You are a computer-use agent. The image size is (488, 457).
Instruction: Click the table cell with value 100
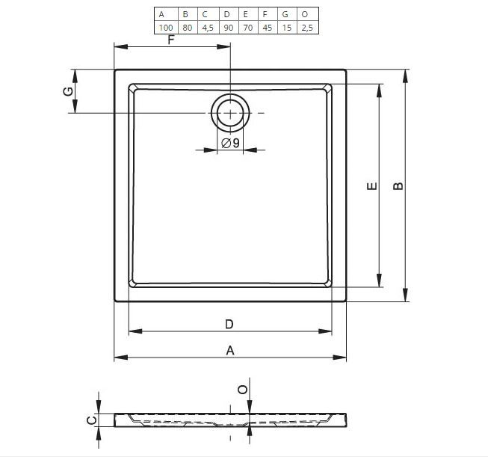166,28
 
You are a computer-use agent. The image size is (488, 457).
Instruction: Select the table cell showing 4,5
208,28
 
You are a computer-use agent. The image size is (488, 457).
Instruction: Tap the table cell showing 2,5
307,28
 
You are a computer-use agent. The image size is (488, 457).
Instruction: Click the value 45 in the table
268,28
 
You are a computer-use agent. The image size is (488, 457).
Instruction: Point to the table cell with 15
287,28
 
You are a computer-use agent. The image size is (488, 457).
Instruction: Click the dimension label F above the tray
171,40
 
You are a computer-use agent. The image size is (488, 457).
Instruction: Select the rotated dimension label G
68,91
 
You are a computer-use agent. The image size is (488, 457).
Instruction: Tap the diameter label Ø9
230,143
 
